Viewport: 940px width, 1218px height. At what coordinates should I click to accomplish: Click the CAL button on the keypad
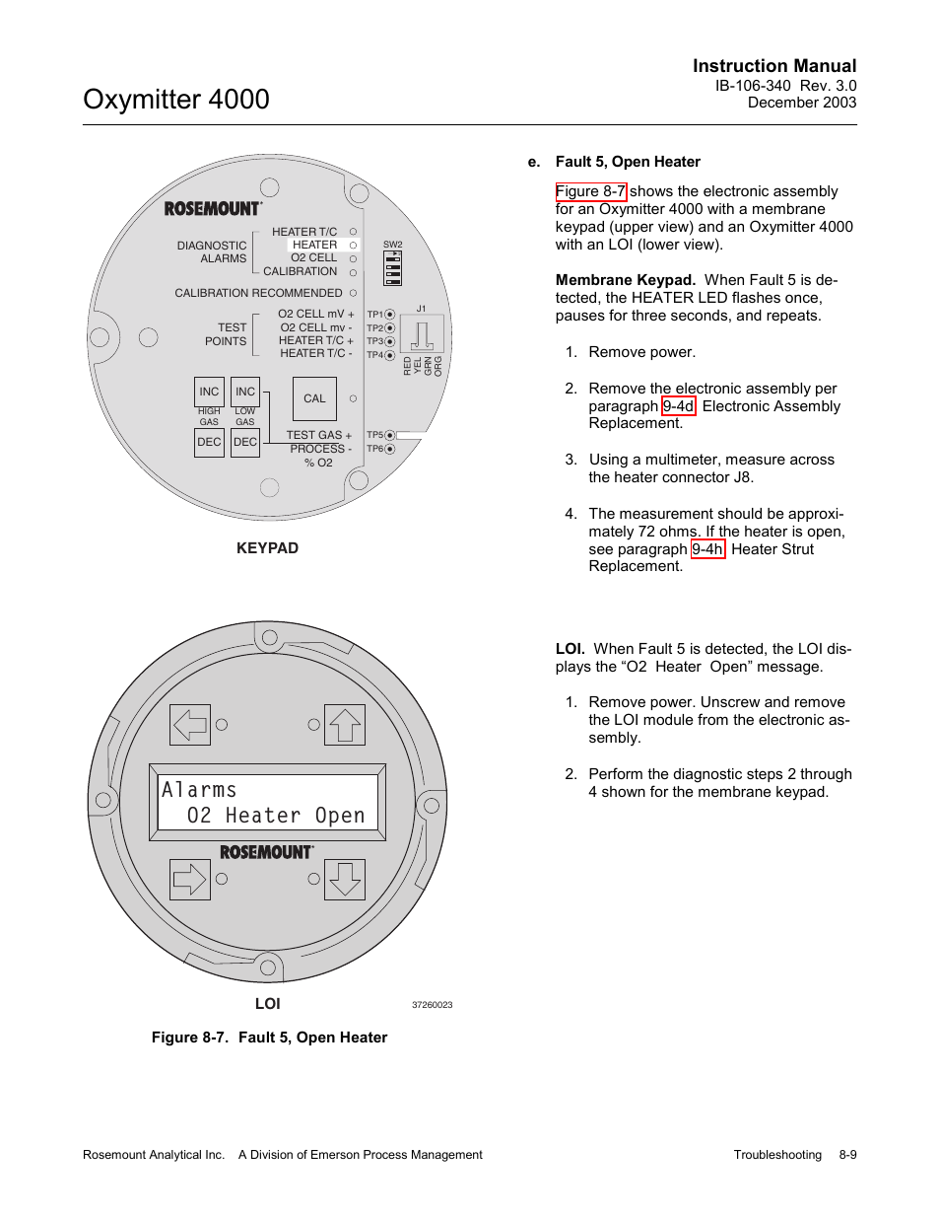[314, 398]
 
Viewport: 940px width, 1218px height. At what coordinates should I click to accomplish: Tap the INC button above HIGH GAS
[209, 392]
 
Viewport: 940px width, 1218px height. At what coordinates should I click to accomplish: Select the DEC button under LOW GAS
[245, 442]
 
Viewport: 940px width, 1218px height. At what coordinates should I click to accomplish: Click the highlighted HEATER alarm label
[314, 245]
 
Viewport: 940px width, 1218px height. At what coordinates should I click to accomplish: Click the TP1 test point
[389, 315]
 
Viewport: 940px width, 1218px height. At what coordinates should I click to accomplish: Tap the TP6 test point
[389, 449]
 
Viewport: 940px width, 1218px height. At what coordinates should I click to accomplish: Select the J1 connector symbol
[422, 334]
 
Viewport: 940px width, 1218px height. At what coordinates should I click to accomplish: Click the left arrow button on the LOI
[190, 725]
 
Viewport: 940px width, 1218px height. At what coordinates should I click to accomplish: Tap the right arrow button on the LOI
[190, 879]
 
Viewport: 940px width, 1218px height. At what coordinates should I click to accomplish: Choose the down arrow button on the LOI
[345, 879]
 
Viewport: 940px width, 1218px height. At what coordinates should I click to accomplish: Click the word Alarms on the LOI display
[200, 790]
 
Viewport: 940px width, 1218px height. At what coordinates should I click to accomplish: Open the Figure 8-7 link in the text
[590, 191]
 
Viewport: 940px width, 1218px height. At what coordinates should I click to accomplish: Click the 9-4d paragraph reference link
[678, 406]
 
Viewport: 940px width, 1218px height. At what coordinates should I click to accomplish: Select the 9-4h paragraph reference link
[707, 549]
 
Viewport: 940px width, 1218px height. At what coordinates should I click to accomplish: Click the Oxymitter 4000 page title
[176, 100]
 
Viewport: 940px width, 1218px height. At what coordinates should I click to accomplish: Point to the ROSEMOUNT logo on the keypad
[213, 208]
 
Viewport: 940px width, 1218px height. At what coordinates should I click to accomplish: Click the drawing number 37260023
[432, 1005]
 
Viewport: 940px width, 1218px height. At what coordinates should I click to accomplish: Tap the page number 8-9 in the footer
[847, 1155]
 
